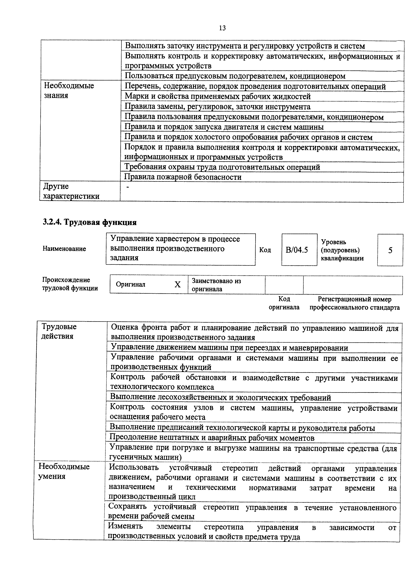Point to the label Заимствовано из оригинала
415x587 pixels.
click(x=216, y=285)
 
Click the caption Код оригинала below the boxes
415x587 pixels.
click(x=284, y=303)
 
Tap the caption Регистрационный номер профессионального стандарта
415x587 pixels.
click(x=354, y=303)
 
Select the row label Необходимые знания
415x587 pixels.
click(x=69, y=91)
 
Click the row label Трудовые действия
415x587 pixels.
click(x=59, y=331)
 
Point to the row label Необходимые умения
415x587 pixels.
click(x=64, y=471)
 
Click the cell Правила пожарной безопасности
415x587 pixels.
click(x=183, y=177)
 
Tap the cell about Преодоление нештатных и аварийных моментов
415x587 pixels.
click(x=212, y=438)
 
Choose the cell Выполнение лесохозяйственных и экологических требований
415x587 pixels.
click(x=220, y=398)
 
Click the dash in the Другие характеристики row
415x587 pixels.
click(x=128, y=187)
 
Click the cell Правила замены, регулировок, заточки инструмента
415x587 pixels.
click(x=217, y=107)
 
